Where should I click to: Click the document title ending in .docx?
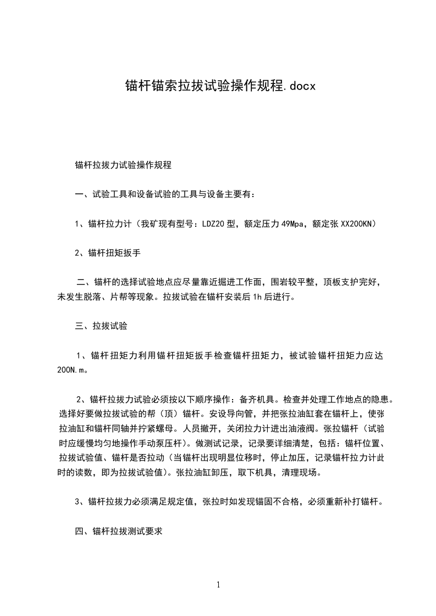tap(218, 86)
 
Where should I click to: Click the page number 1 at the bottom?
tap(218, 585)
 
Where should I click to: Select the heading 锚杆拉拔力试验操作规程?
tap(123, 164)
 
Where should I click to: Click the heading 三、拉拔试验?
tap(101, 326)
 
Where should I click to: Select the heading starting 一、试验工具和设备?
tap(165, 194)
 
